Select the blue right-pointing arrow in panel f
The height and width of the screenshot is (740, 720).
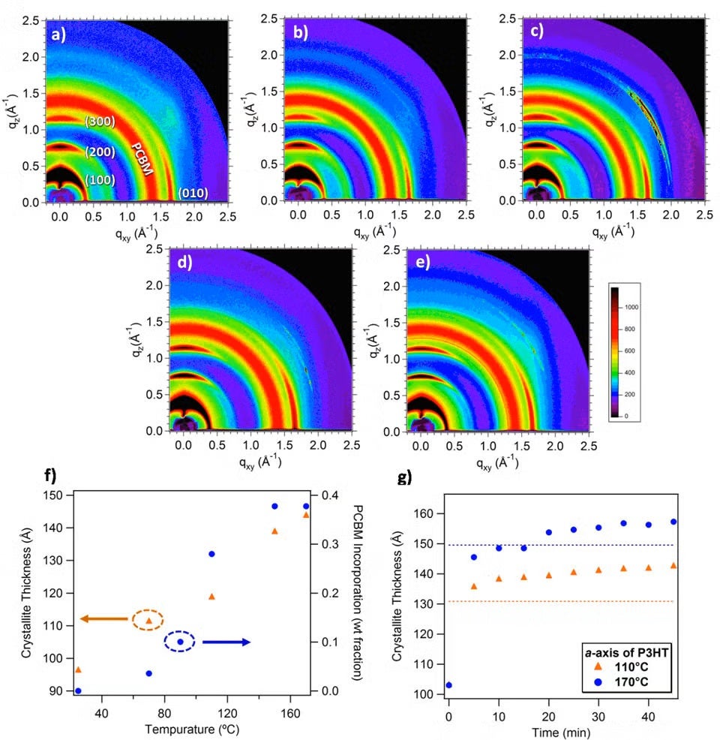[226, 642]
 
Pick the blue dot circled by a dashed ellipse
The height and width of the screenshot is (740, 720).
[180, 642]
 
